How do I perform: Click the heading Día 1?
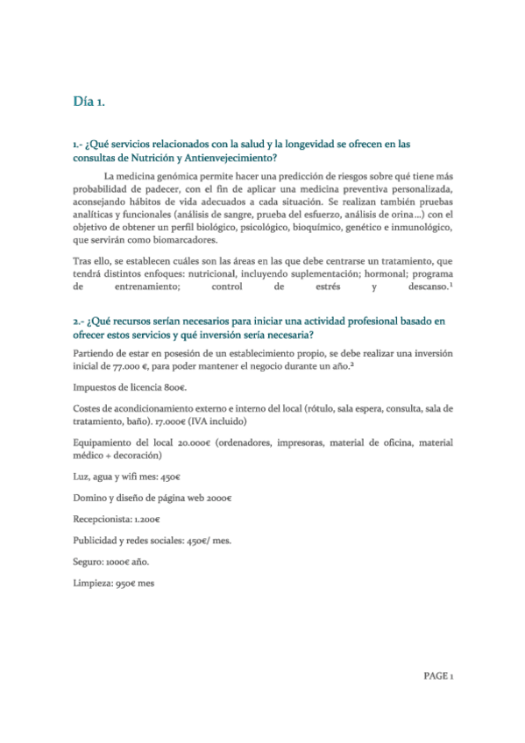pos(89,103)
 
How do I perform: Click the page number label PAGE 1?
pos(437,676)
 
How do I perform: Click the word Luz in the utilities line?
pos(81,478)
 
